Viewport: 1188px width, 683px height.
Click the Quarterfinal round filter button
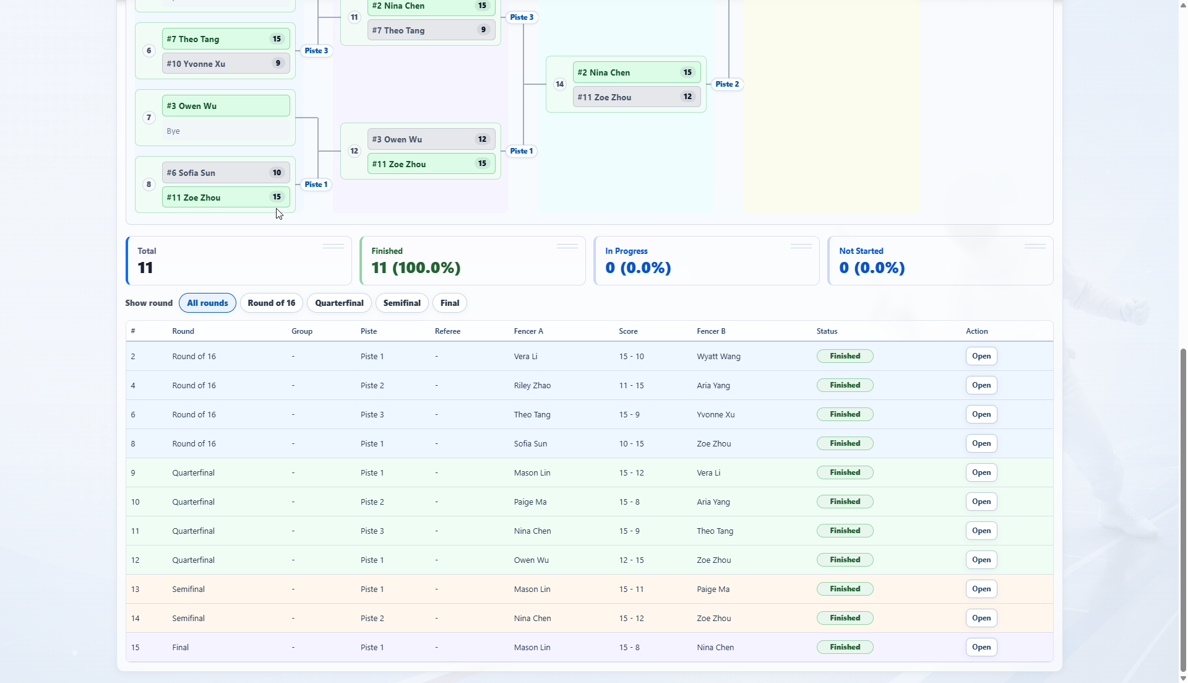[339, 303]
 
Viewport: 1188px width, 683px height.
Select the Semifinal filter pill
[402, 303]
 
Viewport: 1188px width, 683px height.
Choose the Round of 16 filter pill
[272, 303]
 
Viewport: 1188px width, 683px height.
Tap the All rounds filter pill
[207, 303]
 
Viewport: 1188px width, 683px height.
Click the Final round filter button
[450, 303]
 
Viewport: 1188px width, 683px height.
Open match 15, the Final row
[981, 647]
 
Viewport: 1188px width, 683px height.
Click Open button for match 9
[981, 472]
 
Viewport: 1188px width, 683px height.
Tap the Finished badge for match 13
[845, 589]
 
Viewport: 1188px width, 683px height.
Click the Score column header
[628, 331]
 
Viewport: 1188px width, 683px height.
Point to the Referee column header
[447, 331]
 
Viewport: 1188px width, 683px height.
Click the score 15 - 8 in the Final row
[629, 648]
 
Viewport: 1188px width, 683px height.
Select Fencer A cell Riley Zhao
[532, 386]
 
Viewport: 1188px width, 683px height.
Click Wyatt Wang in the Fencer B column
[718, 357]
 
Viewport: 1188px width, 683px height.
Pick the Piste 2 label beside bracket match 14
[727, 84]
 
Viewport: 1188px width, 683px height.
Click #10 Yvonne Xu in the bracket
[196, 64]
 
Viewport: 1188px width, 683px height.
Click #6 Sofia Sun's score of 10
[277, 173]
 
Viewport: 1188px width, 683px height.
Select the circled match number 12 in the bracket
[354, 151]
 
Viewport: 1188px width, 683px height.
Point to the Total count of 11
[145, 268]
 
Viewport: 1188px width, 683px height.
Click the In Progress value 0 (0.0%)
[638, 268]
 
